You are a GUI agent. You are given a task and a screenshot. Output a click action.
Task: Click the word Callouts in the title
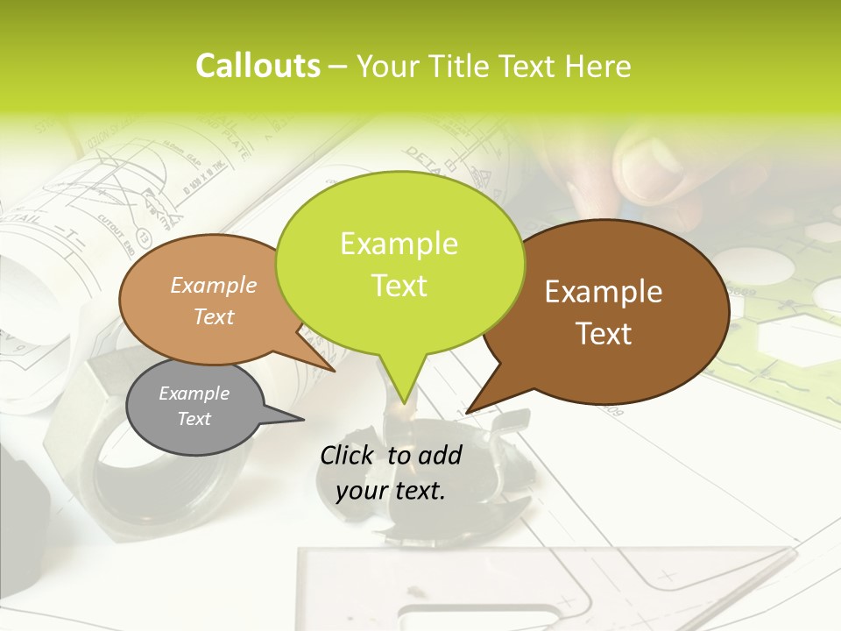(258, 66)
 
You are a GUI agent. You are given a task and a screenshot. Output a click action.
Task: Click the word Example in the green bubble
(399, 244)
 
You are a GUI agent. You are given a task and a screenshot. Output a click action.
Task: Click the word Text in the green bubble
(399, 286)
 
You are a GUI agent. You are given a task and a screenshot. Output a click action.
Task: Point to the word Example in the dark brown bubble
(604, 292)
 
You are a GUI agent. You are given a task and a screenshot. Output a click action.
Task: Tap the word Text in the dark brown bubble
(604, 334)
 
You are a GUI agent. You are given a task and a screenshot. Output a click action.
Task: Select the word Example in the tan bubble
(214, 285)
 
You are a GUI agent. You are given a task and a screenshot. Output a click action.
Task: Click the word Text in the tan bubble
(214, 316)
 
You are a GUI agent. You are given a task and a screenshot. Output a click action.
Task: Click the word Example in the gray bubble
(194, 393)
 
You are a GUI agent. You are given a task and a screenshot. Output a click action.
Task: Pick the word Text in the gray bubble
(194, 419)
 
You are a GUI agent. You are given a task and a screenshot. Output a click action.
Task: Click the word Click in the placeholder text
(348, 455)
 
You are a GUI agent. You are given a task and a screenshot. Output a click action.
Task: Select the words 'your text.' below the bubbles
(391, 491)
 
